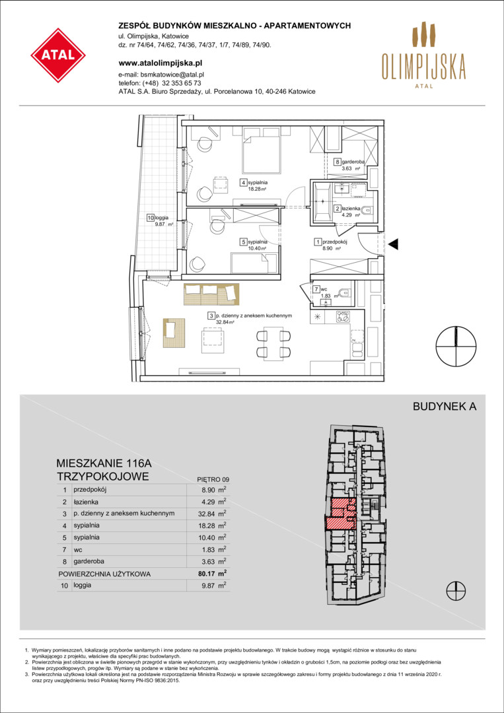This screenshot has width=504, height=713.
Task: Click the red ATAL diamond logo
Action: [x=58, y=55]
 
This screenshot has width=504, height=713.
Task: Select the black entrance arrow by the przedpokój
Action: [x=393, y=244]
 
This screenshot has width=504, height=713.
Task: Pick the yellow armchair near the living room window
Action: [x=174, y=334]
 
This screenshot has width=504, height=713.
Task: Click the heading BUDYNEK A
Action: [x=445, y=407]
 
